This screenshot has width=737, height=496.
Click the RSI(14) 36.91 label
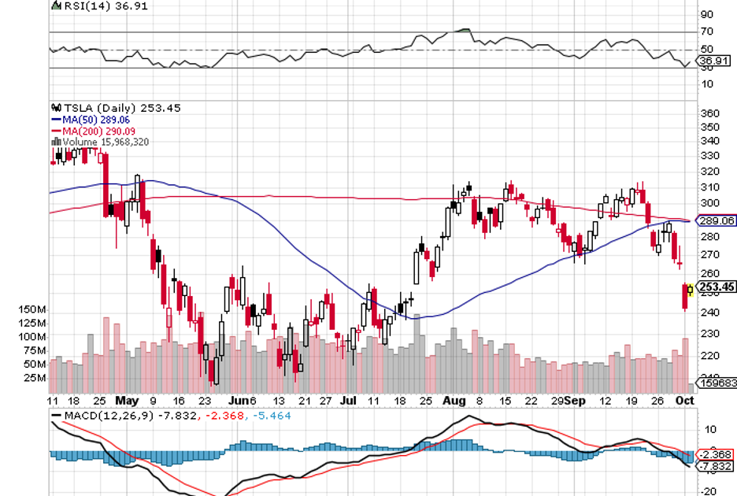[x=89, y=6]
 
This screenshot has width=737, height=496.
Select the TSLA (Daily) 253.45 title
[x=120, y=109]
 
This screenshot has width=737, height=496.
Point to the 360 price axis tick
[x=709, y=113]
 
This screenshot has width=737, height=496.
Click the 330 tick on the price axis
[x=709, y=141]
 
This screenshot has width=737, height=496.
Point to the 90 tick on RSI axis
[x=706, y=14]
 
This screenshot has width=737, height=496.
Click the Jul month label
[x=348, y=400]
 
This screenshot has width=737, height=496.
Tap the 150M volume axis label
[x=34, y=310]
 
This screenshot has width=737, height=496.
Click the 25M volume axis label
[x=34, y=378]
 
